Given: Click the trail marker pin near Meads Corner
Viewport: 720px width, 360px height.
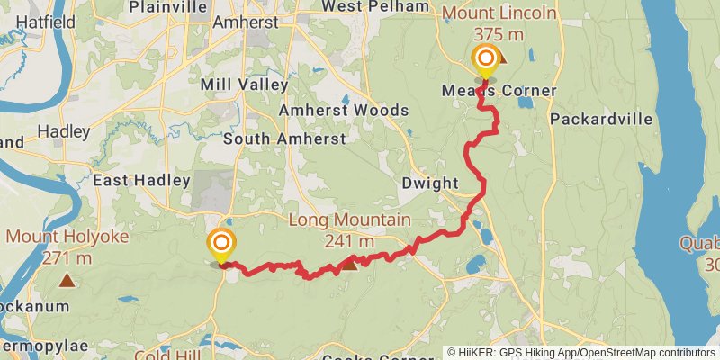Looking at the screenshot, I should coord(486,61).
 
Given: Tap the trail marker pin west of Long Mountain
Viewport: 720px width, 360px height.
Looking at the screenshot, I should coord(221,244).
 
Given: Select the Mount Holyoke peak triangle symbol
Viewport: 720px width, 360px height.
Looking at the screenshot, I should coord(67,280).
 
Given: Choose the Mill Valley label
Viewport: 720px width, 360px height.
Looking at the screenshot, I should coord(245,85).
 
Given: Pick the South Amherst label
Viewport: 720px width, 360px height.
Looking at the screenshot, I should coord(284,139).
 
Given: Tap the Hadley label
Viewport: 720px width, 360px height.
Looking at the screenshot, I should coord(64,131).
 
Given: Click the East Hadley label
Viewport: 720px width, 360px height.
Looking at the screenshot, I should coord(141,180).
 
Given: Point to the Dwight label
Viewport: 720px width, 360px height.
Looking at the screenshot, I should coord(430,183).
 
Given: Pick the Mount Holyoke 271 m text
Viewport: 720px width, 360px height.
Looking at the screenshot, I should coord(67,247).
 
